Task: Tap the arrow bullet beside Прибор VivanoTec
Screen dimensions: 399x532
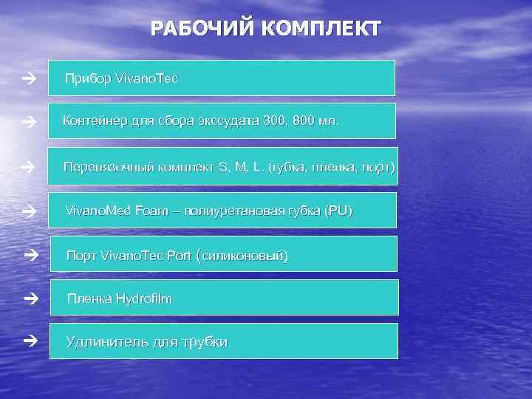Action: (29, 78)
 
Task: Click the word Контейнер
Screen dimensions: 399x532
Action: (94, 120)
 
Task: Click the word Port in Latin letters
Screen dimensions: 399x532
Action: (179, 256)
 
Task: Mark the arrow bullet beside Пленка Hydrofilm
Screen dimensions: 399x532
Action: (30, 299)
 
